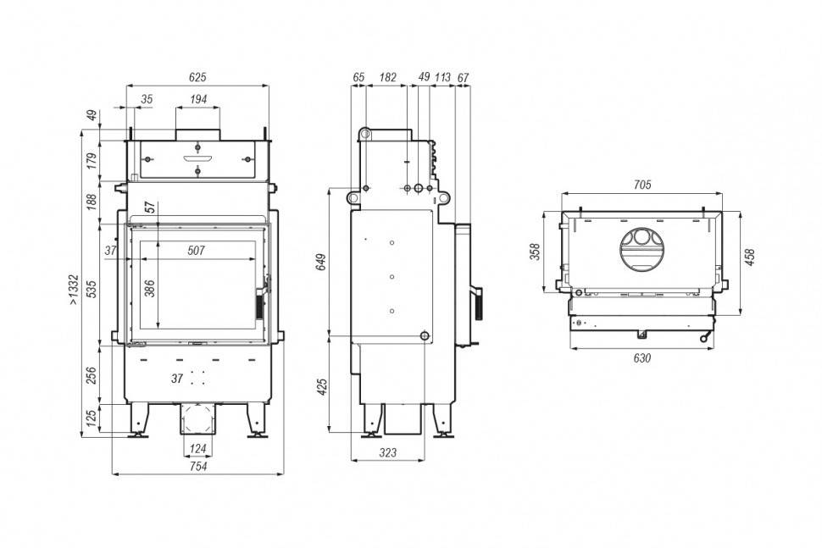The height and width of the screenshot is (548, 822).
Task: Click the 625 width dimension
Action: click(197, 78)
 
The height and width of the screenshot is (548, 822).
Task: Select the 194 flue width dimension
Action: click(198, 99)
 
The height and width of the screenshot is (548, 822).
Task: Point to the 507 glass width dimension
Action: click(196, 251)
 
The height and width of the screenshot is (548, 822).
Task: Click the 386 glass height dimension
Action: click(150, 289)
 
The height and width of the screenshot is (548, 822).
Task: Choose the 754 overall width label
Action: click(197, 467)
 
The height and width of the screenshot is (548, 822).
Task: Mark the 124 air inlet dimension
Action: click(198, 449)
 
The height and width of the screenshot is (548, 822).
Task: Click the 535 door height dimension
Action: click(92, 289)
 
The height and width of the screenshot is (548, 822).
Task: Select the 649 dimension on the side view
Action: click(322, 262)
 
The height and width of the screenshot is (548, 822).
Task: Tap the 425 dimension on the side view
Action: click(322, 386)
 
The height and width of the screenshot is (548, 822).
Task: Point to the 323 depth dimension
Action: click(387, 452)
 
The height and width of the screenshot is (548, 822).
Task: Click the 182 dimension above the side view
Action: click(387, 78)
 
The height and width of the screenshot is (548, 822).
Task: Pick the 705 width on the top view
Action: click(642, 185)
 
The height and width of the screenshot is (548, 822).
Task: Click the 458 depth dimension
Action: click(750, 257)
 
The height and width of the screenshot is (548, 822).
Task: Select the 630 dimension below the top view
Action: click(642, 358)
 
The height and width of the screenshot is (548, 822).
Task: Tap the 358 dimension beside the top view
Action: click(535, 252)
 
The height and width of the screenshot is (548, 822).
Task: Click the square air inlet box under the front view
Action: click(198, 419)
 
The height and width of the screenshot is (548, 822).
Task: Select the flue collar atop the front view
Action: click(197, 134)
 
